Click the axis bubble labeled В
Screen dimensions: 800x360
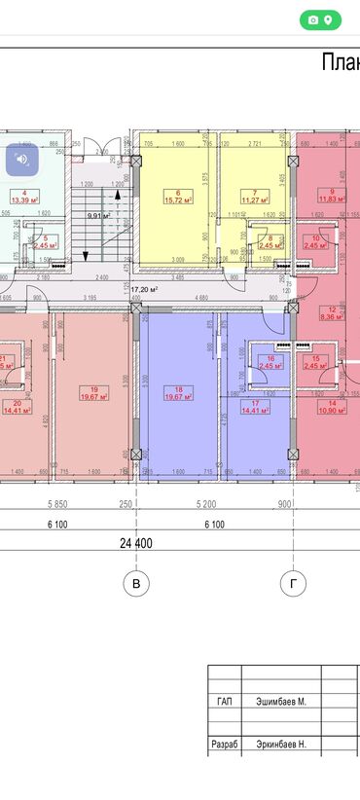(x=136, y=584)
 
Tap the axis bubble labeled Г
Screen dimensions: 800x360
(x=289, y=584)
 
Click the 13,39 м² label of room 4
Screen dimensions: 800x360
(x=23, y=200)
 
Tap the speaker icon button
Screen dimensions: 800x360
(x=22, y=159)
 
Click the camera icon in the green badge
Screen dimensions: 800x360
(x=313, y=19)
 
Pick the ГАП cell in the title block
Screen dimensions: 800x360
(x=224, y=701)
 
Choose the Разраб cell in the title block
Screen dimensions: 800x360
(x=224, y=744)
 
